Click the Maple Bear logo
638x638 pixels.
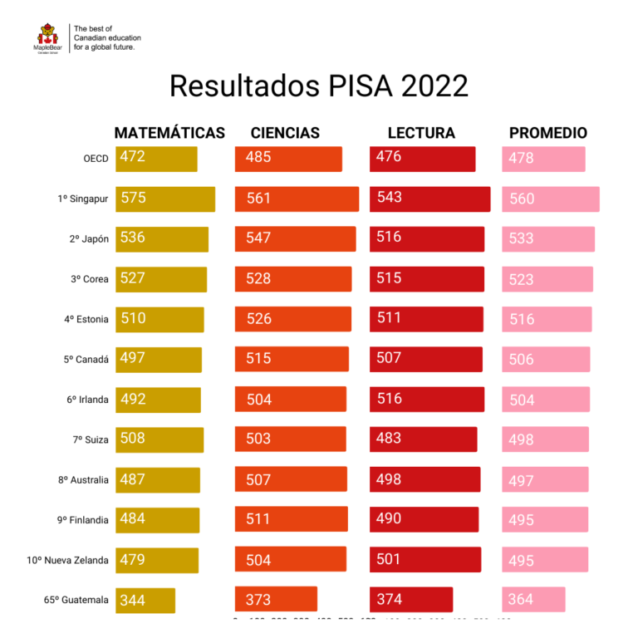click(47, 37)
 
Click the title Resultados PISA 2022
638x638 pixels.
click(319, 86)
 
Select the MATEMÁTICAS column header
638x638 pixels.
click(169, 133)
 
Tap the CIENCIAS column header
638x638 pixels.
click(285, 133)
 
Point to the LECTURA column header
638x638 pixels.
click(421, 133)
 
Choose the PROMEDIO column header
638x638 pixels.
click(548, 133)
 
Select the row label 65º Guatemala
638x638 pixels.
click(76, 600)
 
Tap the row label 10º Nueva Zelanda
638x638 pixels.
click(68, 560)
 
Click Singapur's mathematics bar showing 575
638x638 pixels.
click(165, 199)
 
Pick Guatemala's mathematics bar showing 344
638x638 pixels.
click(145, 600)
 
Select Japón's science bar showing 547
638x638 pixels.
click(295, 239)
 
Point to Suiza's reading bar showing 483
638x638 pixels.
click(424, 439)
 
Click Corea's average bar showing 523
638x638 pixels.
click(547, 279)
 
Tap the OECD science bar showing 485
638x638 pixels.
click(288, 159)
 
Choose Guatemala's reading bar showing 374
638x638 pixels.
click(411, 600)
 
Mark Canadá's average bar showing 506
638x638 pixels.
click(546, 360)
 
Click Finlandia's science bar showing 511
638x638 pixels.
click(291, 519)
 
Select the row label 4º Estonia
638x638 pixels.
click(86, 319)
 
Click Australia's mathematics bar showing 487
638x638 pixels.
click(158, 480)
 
